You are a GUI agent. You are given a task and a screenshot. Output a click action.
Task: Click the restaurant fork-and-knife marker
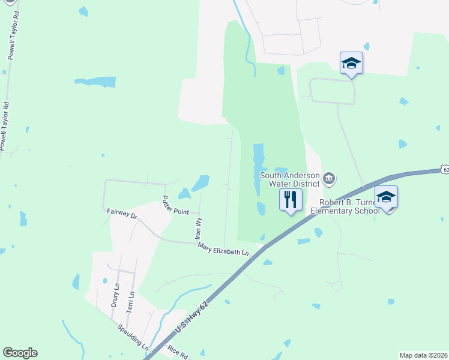click(x=291, y=199)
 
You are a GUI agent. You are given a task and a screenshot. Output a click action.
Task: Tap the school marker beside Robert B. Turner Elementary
click(x=386, y=197)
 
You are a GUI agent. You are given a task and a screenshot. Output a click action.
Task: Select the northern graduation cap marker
click(x=351, y=63)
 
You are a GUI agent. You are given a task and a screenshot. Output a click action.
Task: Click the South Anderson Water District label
click(x=290, y=179)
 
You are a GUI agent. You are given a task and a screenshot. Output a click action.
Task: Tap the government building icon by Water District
click(x=329, y=178)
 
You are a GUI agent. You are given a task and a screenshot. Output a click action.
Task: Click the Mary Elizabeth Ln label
click(x=223, y=248)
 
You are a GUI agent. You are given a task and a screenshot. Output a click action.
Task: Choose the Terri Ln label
click(x=130, y=302)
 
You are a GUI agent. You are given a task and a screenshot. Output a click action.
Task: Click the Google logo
click(x=20, y=353)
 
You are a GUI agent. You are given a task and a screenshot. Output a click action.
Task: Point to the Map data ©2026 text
click(x=423, y=355)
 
